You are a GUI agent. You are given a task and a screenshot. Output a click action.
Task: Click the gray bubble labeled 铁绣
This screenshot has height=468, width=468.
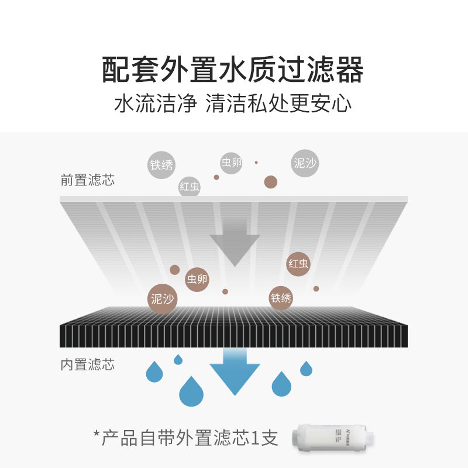click(x=162, y=165)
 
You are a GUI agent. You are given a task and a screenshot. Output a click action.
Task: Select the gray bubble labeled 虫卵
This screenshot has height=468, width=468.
click(x=231, y=163)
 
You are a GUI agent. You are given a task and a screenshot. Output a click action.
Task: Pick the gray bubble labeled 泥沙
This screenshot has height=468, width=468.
click(x=305, y=163)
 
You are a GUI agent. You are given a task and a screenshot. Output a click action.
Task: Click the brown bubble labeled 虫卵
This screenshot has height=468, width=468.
click(x=197, y=279)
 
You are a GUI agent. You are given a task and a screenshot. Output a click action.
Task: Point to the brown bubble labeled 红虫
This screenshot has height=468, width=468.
click(x=298, y=264)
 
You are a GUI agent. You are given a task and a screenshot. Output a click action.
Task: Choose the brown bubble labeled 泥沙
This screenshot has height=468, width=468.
click(x=162, y=299)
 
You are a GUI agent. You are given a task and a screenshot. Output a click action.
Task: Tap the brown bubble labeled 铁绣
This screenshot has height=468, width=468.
click(x=281, y=298)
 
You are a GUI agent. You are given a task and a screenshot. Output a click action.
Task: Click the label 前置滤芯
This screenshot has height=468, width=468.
click(x=88, y=180)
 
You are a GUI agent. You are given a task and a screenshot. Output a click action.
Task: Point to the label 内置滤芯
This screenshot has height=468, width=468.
click(x=88, y=365)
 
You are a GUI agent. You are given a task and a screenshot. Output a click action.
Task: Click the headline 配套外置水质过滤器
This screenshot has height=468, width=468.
click(x=233, y=71)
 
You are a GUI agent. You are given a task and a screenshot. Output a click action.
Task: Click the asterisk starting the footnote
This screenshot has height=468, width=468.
click(x=97, y=436)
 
